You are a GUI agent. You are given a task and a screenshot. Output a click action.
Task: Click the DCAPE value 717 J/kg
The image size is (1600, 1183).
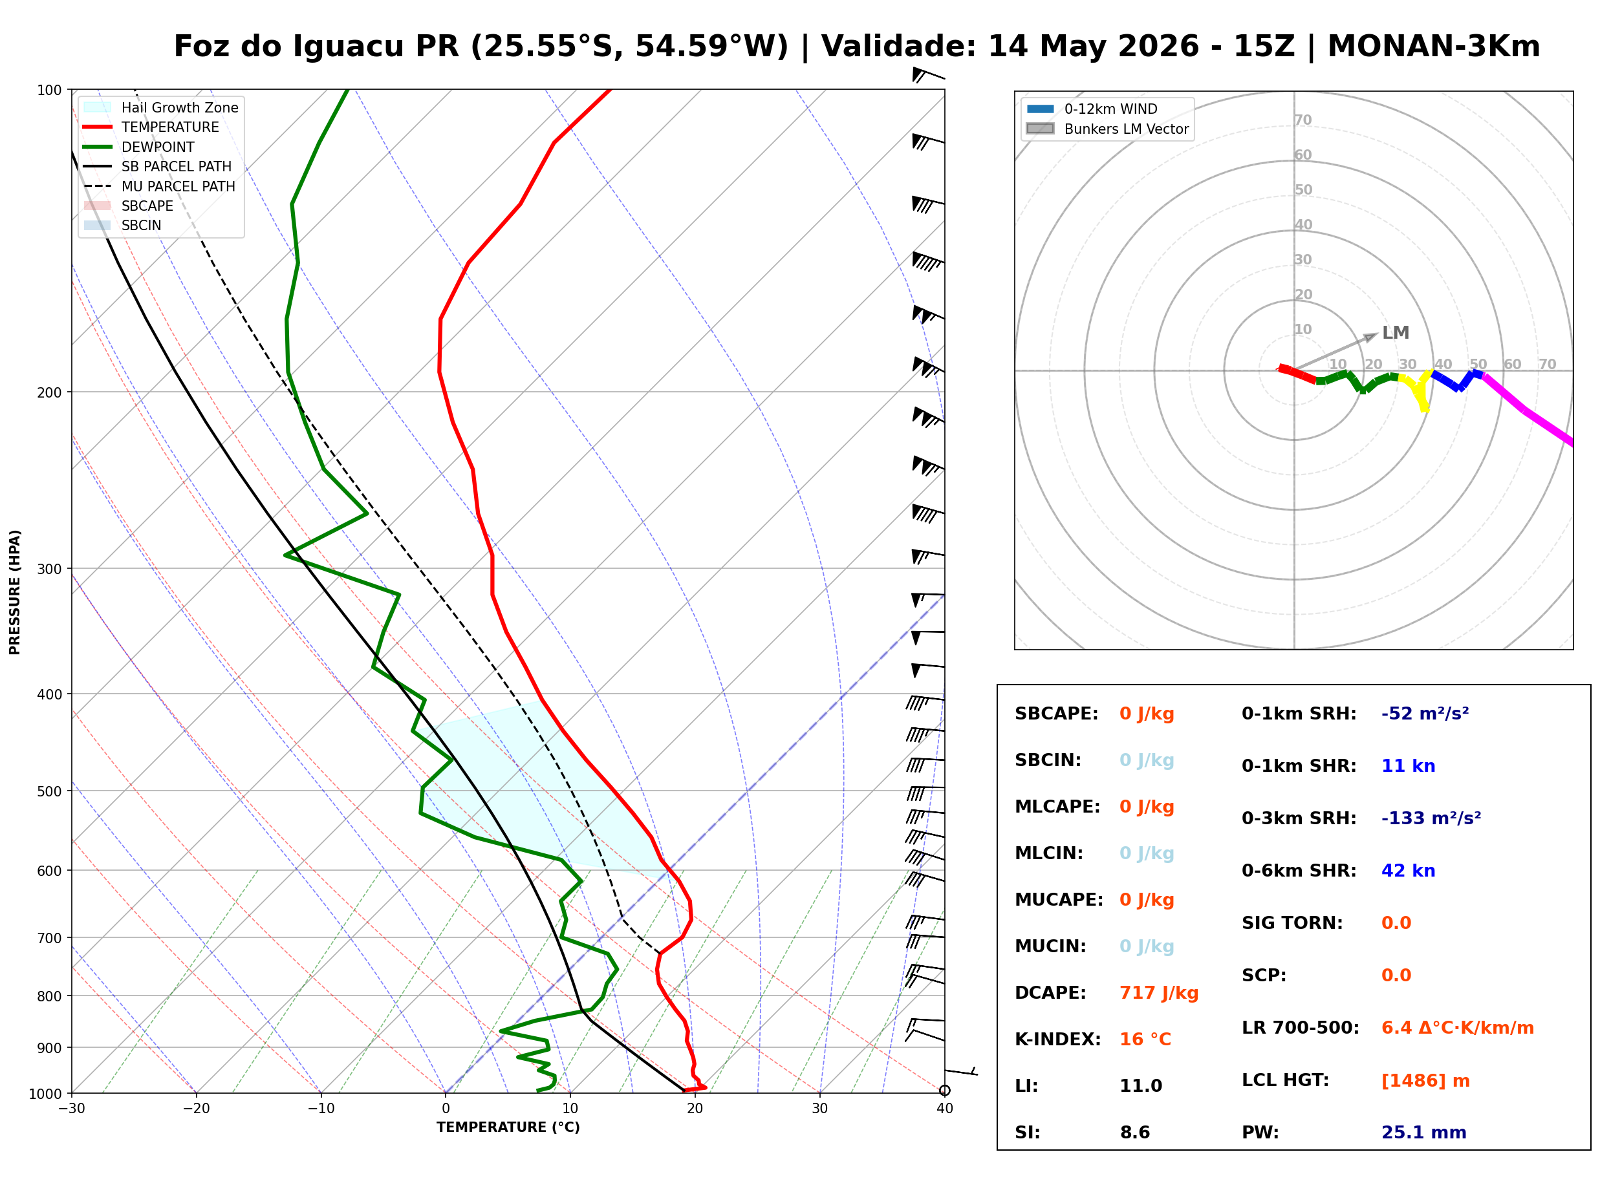pos(1159,993)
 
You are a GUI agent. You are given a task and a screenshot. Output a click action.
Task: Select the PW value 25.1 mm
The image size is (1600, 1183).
pos(1424,1133)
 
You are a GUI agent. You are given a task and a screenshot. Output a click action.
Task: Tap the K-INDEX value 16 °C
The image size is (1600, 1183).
pos(1145,1039)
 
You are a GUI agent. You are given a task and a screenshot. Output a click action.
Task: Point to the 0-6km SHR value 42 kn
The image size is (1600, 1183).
pos(1408,871)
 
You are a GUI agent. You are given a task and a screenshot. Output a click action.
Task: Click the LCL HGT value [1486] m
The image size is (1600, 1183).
pos(1425,1082)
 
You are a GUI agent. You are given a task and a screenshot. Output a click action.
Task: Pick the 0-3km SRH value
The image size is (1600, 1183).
pos(1431,818)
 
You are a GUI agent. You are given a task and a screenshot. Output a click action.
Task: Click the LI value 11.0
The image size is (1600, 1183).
pos(1141,1086)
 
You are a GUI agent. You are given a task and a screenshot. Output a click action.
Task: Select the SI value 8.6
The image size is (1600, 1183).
pos(1135,1133)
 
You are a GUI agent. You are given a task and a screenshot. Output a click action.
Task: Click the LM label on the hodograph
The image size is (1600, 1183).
pos(1395,333)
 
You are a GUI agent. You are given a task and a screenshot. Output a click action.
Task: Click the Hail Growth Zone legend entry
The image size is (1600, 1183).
pos(161,107)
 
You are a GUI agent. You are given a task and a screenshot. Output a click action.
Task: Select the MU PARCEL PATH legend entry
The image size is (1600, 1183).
pos(159,186)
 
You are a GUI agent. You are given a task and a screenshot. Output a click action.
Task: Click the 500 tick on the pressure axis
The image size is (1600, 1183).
pos(49,791)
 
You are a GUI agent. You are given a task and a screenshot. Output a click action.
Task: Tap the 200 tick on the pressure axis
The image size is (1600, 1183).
pos(49,392)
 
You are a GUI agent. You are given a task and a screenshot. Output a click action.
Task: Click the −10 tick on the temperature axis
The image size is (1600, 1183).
pos(321,1109)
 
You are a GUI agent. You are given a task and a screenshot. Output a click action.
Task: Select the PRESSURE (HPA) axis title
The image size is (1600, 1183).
pos(15,592)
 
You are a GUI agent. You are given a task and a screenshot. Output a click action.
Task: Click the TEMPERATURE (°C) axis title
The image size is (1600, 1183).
pos(508,1127)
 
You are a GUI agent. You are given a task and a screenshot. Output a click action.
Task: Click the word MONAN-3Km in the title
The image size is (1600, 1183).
pos(1434,46)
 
